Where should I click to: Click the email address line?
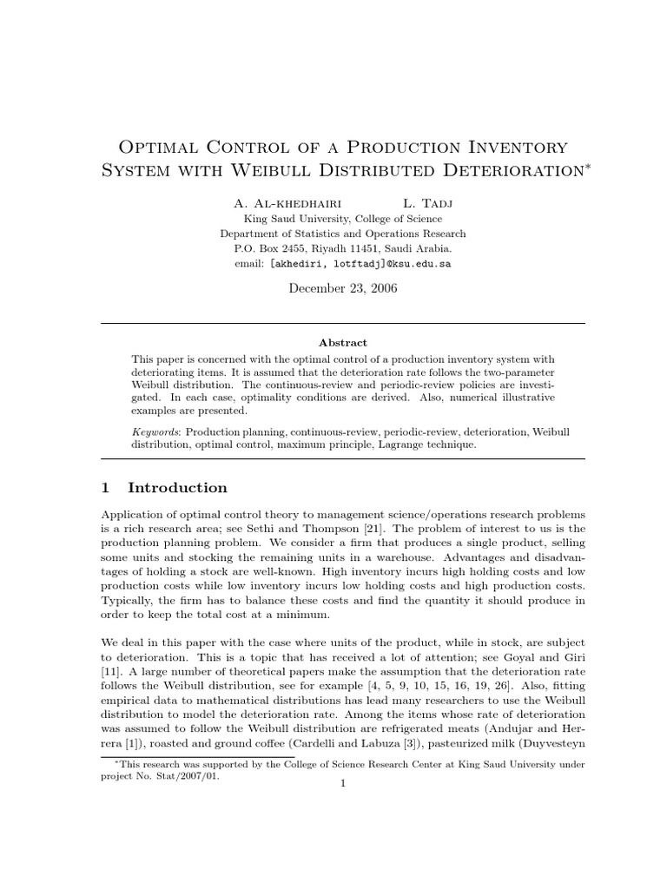coord(342,262)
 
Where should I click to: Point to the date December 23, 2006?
coord(342,289)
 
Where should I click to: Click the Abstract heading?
coord(342,343)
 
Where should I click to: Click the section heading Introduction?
coord(177,488)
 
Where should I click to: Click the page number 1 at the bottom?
coord(343,783)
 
